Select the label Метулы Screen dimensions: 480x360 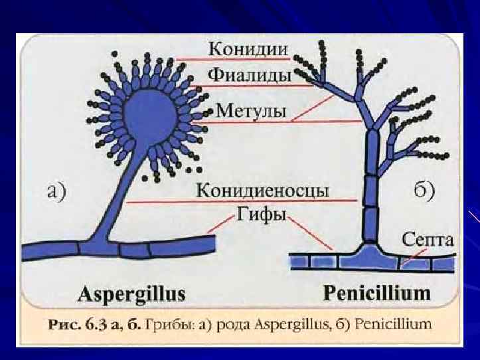(x=248, y=110)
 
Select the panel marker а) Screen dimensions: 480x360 (x=56, y=191)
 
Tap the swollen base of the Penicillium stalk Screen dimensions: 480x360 (x=369, y=252)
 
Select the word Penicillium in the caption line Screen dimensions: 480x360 (x=396, y=325)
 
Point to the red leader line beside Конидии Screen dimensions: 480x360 (x=193, y=60)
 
